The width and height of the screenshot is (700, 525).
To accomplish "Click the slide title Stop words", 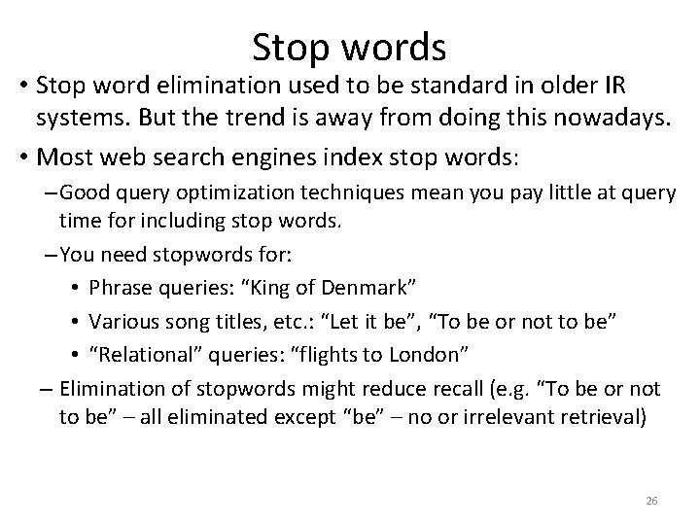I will click(349, 46).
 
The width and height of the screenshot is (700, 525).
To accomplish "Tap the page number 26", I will click(651, 501).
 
